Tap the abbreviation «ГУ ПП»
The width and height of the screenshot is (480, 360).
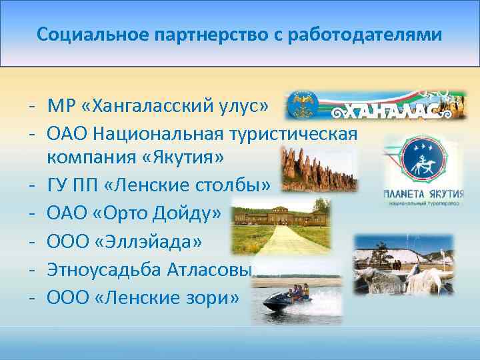tap(75, 185)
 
